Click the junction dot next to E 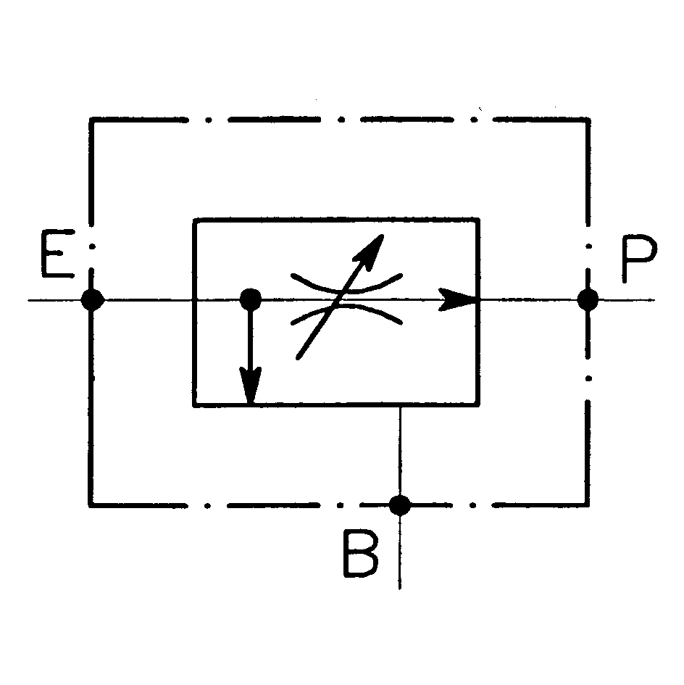pyautogui.click(x=92, y=299)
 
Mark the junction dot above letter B pyautogui.click(x=400, y=504)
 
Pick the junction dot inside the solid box pyautogui.click(x=250, y=298)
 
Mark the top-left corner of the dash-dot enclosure pyautogui.click(x=91, y=120)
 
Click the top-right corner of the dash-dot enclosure pyautogui.click(x=587, y=120)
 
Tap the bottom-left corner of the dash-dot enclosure pyautogui.click(x=91, y=505)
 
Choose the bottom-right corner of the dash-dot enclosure pyautogui.click(x=587, y=505)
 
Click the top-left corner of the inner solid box pyautogui.click(x=194, y=219)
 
